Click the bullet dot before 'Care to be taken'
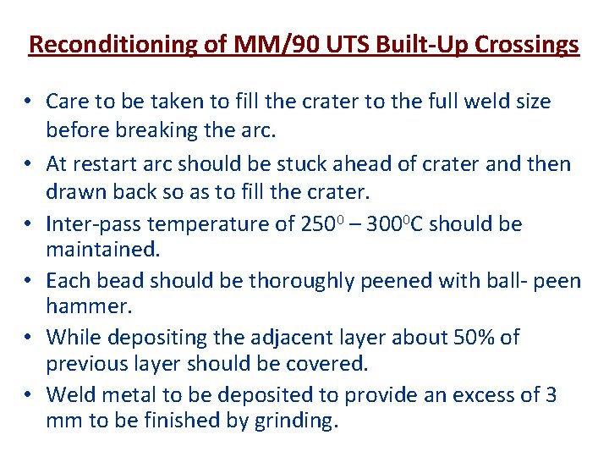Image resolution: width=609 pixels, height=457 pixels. [x=28, y=102]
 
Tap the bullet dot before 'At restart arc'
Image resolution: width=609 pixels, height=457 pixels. [x=28, y=164]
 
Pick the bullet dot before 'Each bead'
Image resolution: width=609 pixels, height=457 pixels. [x=28, y=281]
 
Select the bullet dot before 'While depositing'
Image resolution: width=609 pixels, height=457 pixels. [x=28, y=338]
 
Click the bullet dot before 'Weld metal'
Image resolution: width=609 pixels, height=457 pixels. [x=28, y=395]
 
